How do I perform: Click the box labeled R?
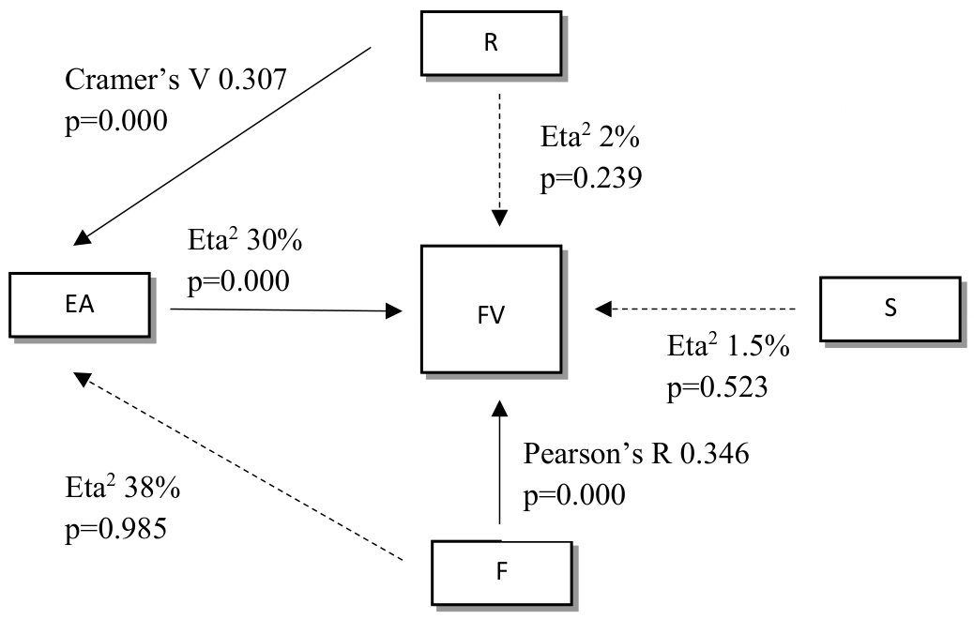click(x=491, y=42)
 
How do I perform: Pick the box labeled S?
click(x=890, y=309)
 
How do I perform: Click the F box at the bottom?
click(x=500, y=571)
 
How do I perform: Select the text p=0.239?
click(x=590, y=177)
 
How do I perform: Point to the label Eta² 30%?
click(x=244, y=241)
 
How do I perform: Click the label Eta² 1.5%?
click(x=728, y=347)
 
